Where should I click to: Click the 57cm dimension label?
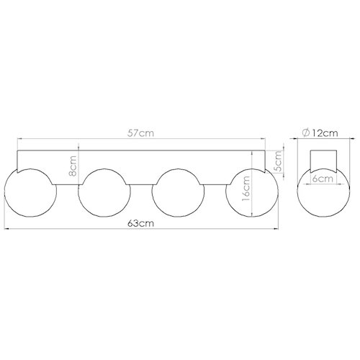pos(140,133)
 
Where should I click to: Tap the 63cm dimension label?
pos(140,223)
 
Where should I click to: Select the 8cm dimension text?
pos(73,166)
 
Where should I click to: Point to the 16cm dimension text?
pos(246,189)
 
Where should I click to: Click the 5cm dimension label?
pos(277,161)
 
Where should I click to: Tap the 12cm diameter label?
pos(325,133)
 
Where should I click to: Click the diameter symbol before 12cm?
pos(306,133)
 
